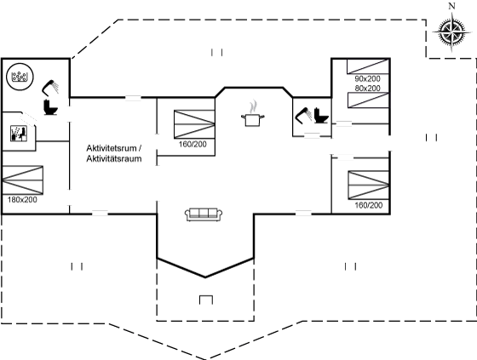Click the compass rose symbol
[x=452, y=31]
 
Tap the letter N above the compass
[x=452, y=6]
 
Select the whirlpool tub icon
[x=20, y=77]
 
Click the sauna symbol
[x=19, y=133]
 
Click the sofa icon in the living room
[x=204, y=214]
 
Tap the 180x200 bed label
[x=22, y=200]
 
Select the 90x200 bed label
[x=367, y=79]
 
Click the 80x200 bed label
[x=367, y=89]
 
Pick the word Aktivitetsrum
[x=112, y=148]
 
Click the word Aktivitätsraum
[x=114, y=158]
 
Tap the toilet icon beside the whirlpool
[x=50, y=107]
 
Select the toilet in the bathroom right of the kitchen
[x=321, y=116]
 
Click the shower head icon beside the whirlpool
[x=50, y=87]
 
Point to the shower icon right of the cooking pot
[x=303, y=116]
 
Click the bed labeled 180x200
[x=22, y=180]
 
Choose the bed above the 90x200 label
[x=368, y=66]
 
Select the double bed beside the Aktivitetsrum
[x=194, y=124]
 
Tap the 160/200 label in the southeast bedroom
[x=369, y=205]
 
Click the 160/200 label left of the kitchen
[x=193, y=144]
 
